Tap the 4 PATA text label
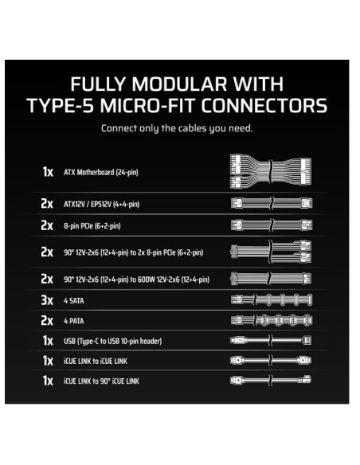(75, 321)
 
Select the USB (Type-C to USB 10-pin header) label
(112, 341)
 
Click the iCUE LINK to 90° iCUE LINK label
(101, 381)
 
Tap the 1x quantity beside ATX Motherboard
(47, 172)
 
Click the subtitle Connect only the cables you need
(179, 129)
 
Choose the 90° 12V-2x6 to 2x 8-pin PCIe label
(133, 252)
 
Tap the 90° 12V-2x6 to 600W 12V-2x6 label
(136, 279)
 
